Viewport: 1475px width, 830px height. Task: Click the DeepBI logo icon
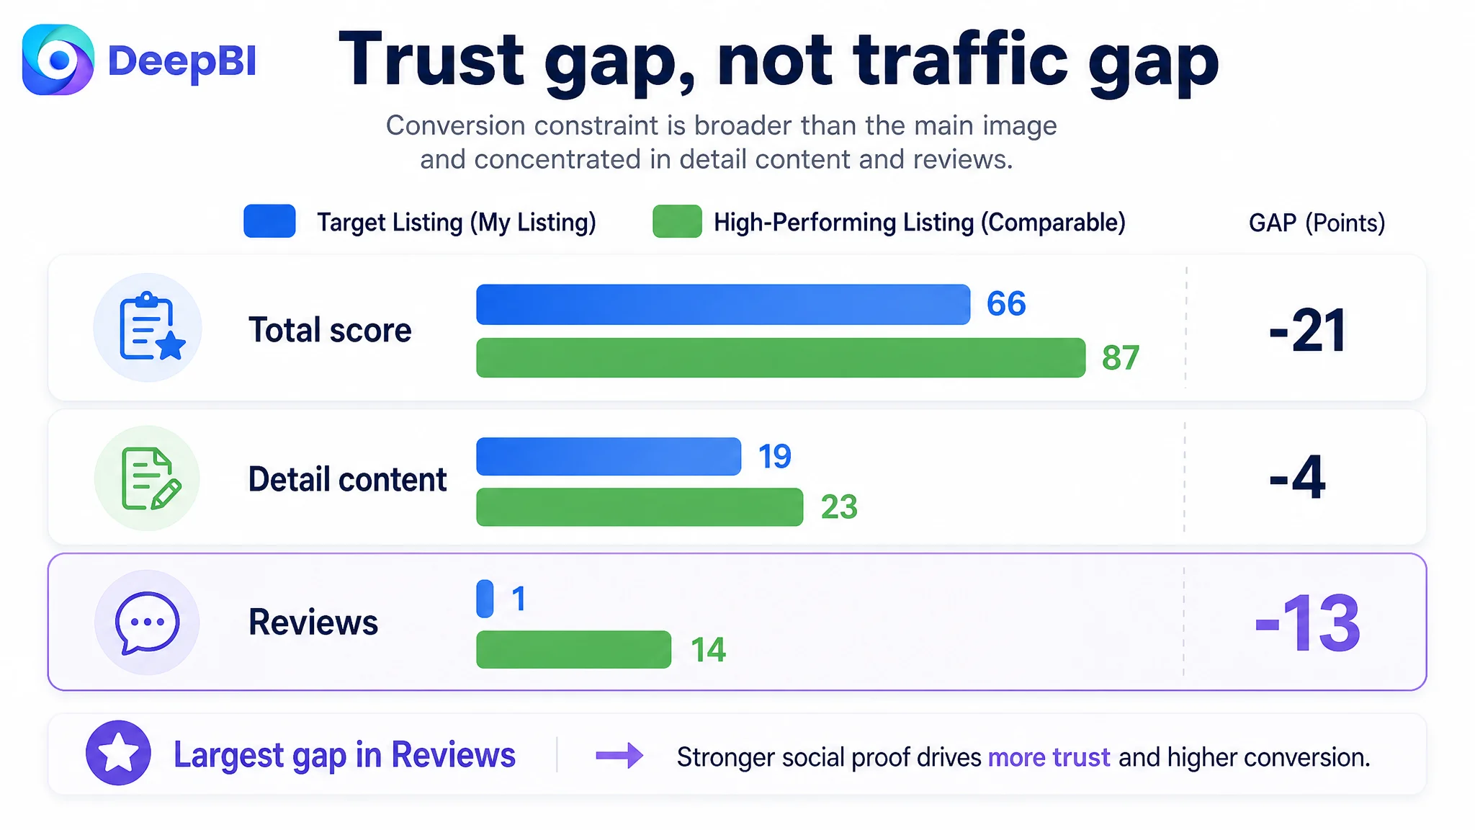click(58, 60)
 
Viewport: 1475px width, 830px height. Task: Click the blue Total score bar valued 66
click(723, 304)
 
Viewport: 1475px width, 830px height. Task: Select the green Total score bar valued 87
click(781, 357)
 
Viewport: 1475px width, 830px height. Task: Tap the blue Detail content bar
click(609, 456)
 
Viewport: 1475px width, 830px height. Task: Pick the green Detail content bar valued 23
click(640, 507)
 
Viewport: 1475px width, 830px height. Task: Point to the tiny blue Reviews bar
click(485, 598)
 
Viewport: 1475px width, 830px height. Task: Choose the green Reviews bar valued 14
click(573, 649)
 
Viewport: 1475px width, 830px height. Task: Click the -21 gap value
click(1307, 331)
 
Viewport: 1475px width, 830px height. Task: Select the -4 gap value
click(1297, 477)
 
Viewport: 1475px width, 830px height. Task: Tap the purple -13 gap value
click(1307, 623)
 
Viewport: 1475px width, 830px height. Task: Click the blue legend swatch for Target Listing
click(269, 221)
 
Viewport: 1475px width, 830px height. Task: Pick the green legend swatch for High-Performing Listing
click(677, 221)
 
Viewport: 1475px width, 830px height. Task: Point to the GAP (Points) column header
click(1317, 223)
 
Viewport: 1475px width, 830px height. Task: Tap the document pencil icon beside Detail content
click(151, 478)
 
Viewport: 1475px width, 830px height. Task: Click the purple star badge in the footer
click(118, 753)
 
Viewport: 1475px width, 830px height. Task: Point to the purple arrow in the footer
click(619, 755)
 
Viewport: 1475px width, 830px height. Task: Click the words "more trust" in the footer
click(1049, 757)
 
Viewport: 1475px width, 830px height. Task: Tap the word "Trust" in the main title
click(431, 59)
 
